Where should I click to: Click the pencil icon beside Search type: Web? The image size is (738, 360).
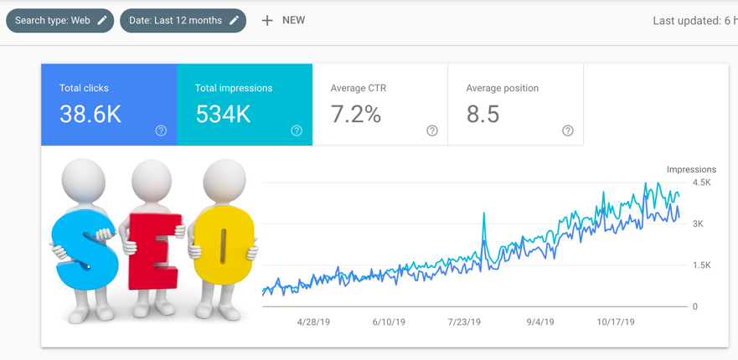tap(102, 20)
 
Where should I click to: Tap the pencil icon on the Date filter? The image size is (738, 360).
tap(235, 20)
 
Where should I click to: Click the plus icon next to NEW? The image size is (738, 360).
tap(267, 20)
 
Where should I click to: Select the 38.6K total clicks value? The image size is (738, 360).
tap(90, 115)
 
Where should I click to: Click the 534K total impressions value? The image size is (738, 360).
tap(223, 115)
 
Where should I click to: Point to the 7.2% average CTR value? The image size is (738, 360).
tap(356, 115)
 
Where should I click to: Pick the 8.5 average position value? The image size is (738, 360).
tap(483, 115)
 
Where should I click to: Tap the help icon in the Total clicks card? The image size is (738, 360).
tap(161, 131)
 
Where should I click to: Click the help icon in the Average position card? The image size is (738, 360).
tap(568, 131)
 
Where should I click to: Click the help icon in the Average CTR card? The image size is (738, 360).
tap(432, 131)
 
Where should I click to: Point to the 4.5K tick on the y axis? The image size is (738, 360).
tap(701, 183)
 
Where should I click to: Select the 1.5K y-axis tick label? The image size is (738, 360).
tap(701, 265)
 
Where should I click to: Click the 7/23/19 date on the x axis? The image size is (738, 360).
tap(464, 321)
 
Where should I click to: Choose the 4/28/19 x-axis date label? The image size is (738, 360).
tap(314, 321)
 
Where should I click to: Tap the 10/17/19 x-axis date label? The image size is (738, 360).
tap(616, 321)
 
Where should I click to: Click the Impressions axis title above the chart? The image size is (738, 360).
tap(691, 170)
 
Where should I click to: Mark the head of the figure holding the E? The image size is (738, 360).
tap(152, 180)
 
